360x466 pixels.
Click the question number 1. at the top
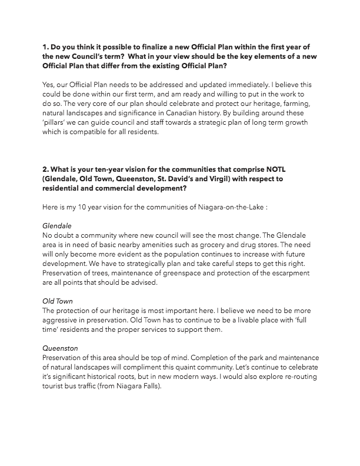click(46, 45)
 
